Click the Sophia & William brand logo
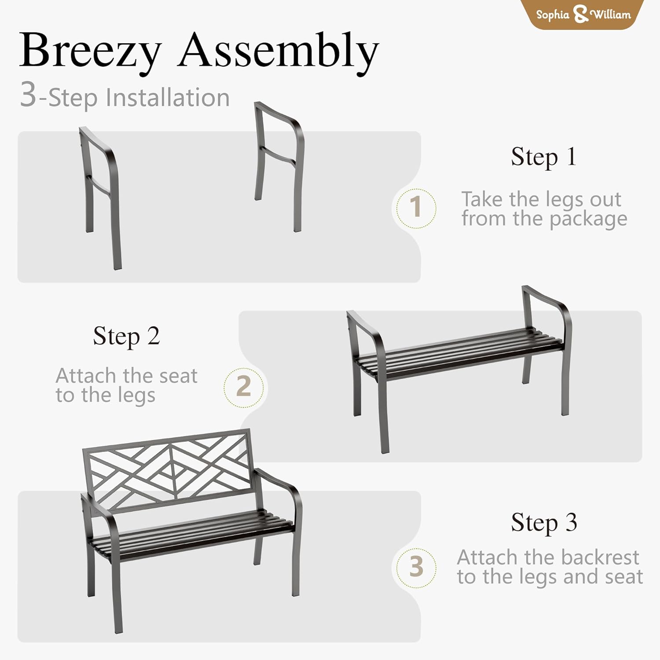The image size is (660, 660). coord(583,14)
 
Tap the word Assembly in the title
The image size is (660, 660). coord(278,52)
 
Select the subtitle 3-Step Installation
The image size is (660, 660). coord(125,96)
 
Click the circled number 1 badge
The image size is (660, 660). coord(416,208)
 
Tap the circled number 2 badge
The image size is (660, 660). coord(243,387)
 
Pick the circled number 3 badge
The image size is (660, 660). coord(416,568)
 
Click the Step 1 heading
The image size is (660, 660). coord(543,157)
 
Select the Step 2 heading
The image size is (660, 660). coord(126,337)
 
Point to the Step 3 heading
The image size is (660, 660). coord(544,523)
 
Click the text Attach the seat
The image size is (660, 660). coord(126,376)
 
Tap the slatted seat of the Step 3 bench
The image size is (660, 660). coord(194,535)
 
